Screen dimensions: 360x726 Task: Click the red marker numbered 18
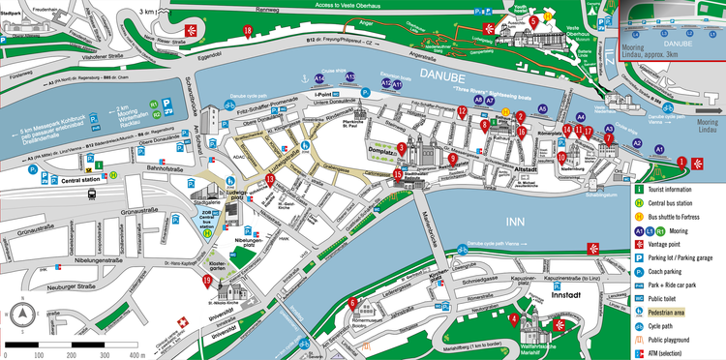(x=249, y=31)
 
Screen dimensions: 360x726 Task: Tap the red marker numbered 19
(x=207, y=282)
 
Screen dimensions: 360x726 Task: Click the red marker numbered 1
(x=681, y=162)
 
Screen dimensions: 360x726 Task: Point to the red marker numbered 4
(x=513, y=319)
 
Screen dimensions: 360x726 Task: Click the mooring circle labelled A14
(x=319, y=77)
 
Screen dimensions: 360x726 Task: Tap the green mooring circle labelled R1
(x=154, y=103)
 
